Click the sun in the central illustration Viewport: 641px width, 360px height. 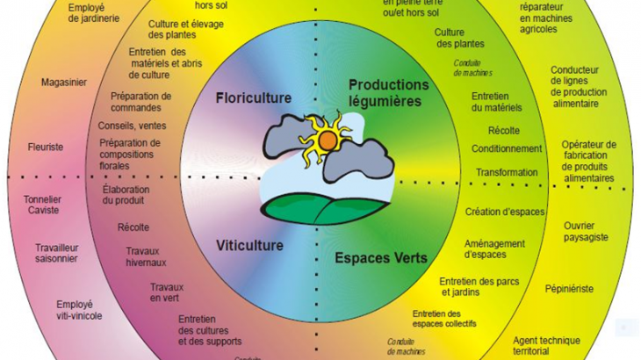point(327,138)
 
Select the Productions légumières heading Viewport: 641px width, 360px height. point(389,92)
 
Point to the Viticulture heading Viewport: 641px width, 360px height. point(249,245)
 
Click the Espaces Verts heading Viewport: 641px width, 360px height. point(380,258)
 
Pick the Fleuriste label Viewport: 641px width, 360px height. point(45,147)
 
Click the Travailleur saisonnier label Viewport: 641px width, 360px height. point(57,253)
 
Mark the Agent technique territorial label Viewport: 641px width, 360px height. point(546,346)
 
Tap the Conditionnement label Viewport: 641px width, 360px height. point(507,148)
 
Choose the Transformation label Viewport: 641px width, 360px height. point(505,173)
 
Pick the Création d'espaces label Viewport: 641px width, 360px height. point(505,212)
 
